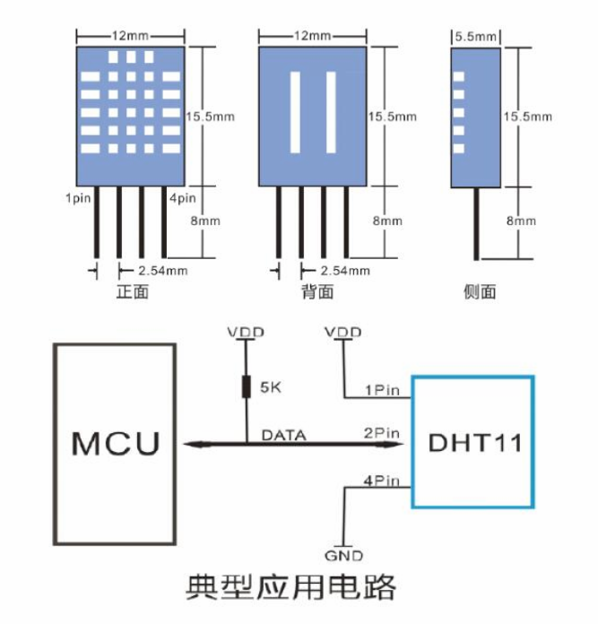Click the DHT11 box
[473, 442]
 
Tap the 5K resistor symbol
[246, 387]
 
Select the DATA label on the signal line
[283, 435]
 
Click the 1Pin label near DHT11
[381, 389]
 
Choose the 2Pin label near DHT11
[381, 433]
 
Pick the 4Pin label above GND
[381, 481]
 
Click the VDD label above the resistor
[246, 333]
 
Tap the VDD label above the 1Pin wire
[344, 333]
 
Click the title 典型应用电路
[291, 588]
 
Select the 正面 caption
[132, 292]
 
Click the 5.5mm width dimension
[475, 37]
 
